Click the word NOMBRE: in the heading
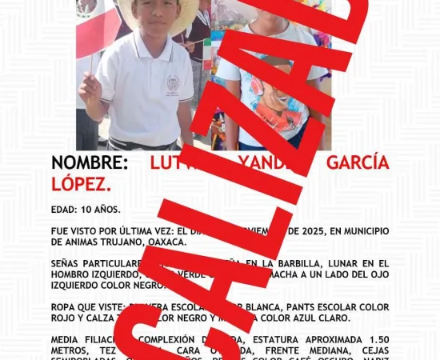click(89, 163)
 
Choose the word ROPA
click(65, 307)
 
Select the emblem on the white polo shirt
click(173, 85)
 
